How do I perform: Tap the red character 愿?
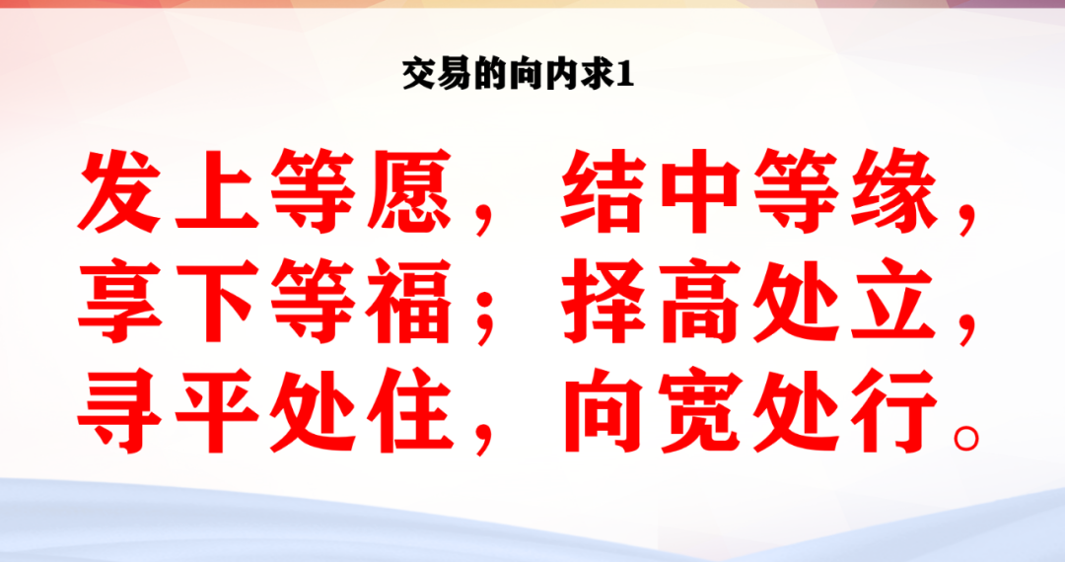click(409, 190)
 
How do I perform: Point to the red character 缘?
click(894, 190)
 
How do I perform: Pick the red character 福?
click(409, 300)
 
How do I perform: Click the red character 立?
click(894, 300)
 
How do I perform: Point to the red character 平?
click(217, 410)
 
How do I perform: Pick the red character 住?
click(409, 410)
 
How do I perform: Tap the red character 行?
click(894, 410)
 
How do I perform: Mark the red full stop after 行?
click(966, 438)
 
